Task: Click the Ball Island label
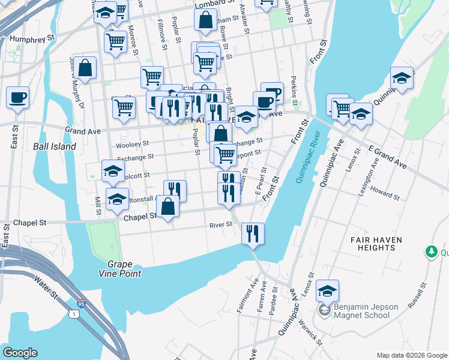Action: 55,146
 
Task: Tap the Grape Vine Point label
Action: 124,269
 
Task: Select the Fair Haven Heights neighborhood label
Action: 376,243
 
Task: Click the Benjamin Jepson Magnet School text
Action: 366,311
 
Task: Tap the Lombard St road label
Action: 214,3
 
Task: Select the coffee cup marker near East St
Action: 17,97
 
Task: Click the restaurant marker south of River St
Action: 253,232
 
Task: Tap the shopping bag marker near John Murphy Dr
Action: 85,68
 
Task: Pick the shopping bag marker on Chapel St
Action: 167,206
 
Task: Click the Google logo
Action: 20,353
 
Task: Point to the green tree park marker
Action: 430,251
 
